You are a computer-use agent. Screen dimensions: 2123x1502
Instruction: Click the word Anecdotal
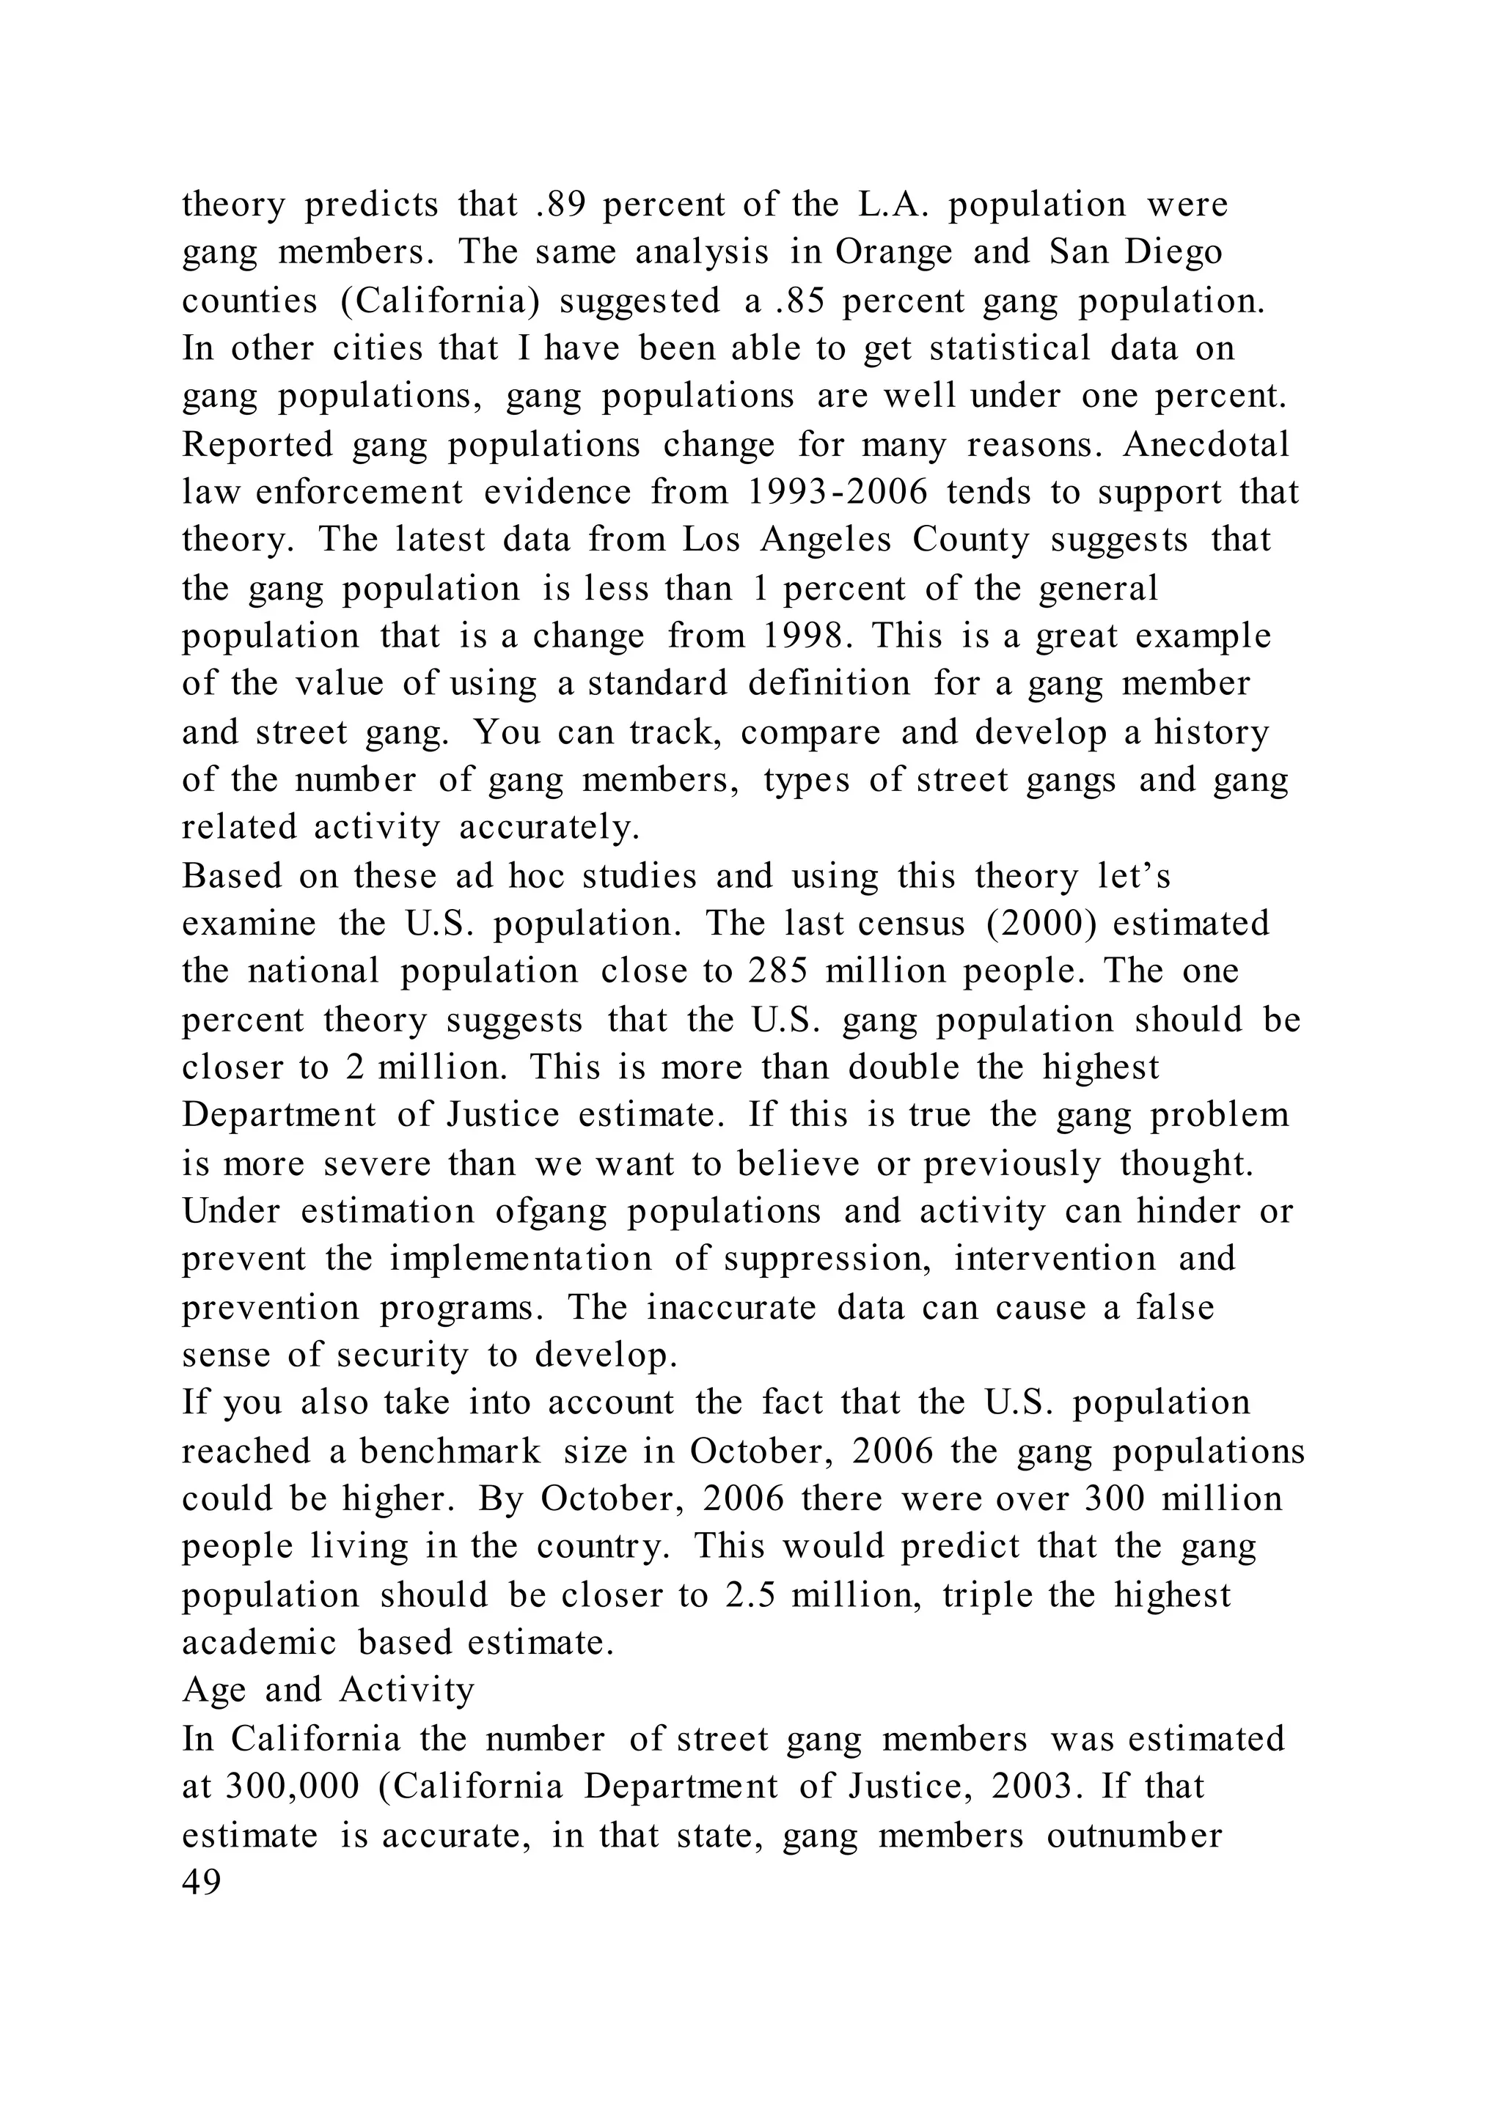tap(1206, 445)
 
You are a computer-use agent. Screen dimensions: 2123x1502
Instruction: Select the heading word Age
tap(213, 1691)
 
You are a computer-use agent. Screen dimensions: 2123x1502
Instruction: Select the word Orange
tap(893, 252)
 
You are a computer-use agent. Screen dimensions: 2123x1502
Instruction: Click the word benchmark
tap(450, 1451)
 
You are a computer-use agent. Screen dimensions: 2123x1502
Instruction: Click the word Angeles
tap(826, 540)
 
